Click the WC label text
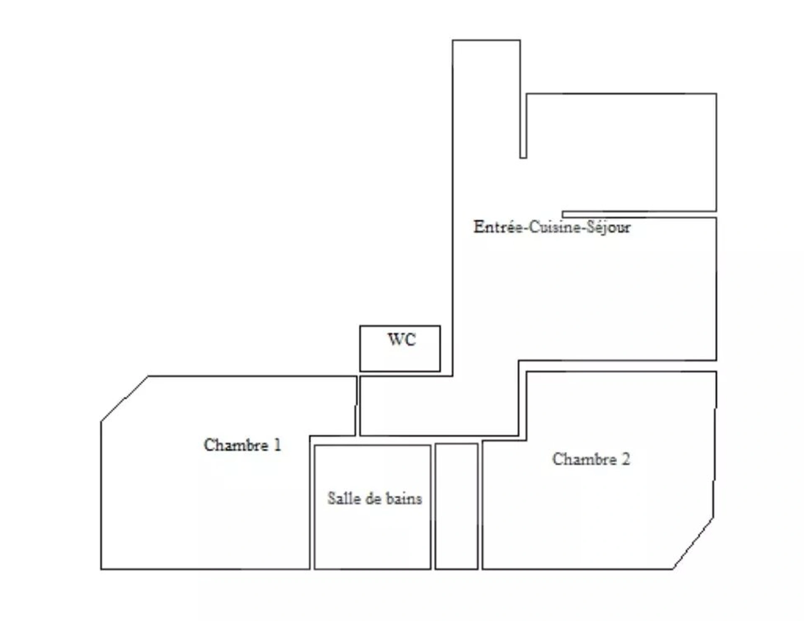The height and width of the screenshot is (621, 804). [402, 340]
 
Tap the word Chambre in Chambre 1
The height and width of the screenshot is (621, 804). [236, 445]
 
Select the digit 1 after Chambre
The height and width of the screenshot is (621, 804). [277, 445]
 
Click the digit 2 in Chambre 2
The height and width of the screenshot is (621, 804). [626, 459]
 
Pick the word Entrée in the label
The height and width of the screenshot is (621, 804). [498, 227]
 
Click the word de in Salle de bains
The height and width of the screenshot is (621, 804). [373, 498]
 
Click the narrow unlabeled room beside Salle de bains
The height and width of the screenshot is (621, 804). [456, 506]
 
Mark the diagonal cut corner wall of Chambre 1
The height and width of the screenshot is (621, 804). [124, 399]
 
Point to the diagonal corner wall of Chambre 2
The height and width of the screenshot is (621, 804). [693, 544]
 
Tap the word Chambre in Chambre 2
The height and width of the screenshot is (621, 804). [584, 459]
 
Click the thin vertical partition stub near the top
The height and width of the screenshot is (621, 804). [523, 126]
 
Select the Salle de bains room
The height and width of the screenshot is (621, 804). [372, 507]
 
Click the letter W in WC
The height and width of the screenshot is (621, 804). [396, 340]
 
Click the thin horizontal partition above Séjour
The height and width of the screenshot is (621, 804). [639, 214]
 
